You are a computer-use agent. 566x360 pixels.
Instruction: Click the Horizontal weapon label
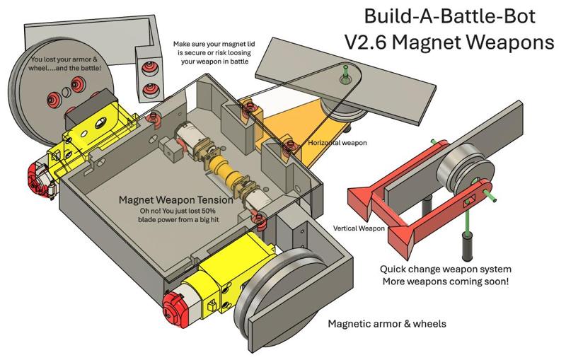click(337, 143)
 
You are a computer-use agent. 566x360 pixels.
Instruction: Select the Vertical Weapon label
click(359, 228)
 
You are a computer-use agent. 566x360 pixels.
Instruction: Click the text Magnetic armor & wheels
click(386, 325)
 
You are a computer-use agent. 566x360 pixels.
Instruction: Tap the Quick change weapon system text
click(446, 269)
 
